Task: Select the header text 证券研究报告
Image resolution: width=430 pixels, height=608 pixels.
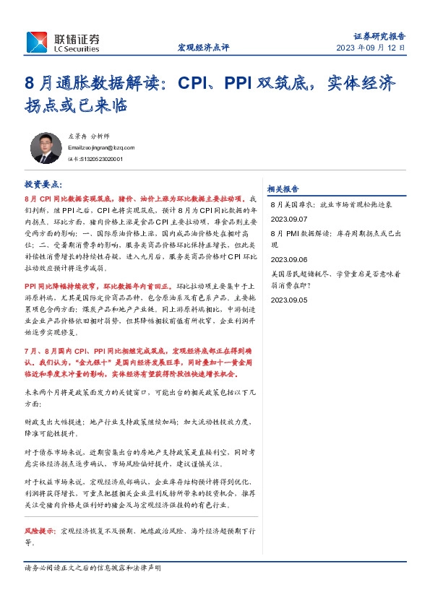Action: click(379, 35)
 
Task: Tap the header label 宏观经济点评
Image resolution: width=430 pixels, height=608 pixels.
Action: click(203, 48)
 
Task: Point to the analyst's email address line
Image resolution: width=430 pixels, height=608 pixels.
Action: click(100, 147)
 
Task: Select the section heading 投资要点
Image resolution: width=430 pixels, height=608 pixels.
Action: click(43, 185)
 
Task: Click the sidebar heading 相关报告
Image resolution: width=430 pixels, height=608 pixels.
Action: click(283, 188)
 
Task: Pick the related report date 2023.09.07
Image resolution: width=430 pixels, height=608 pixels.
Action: click(289, 218)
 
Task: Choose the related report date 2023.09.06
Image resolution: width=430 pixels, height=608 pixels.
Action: click(289, 259)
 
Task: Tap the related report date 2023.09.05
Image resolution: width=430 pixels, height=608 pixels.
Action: click(289, 299)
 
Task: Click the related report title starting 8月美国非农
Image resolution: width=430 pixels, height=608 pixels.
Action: click(331, 205)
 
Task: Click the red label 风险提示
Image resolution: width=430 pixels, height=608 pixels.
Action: click(40, 529)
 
